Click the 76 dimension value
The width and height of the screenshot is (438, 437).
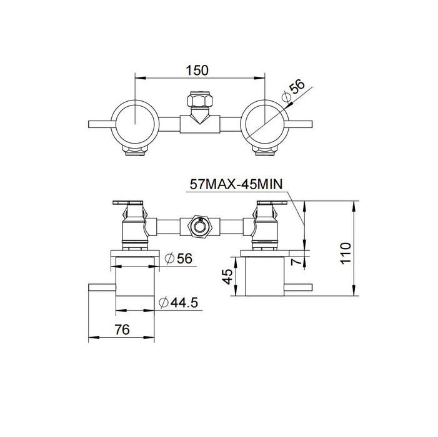tap(121, 330)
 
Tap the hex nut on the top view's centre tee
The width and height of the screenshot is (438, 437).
tap(199, 101)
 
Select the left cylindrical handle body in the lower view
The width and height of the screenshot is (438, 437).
tap(136, 278)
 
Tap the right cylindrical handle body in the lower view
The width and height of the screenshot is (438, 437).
tap(263, 278)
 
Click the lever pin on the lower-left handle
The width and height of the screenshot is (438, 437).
tap(102, 288)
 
